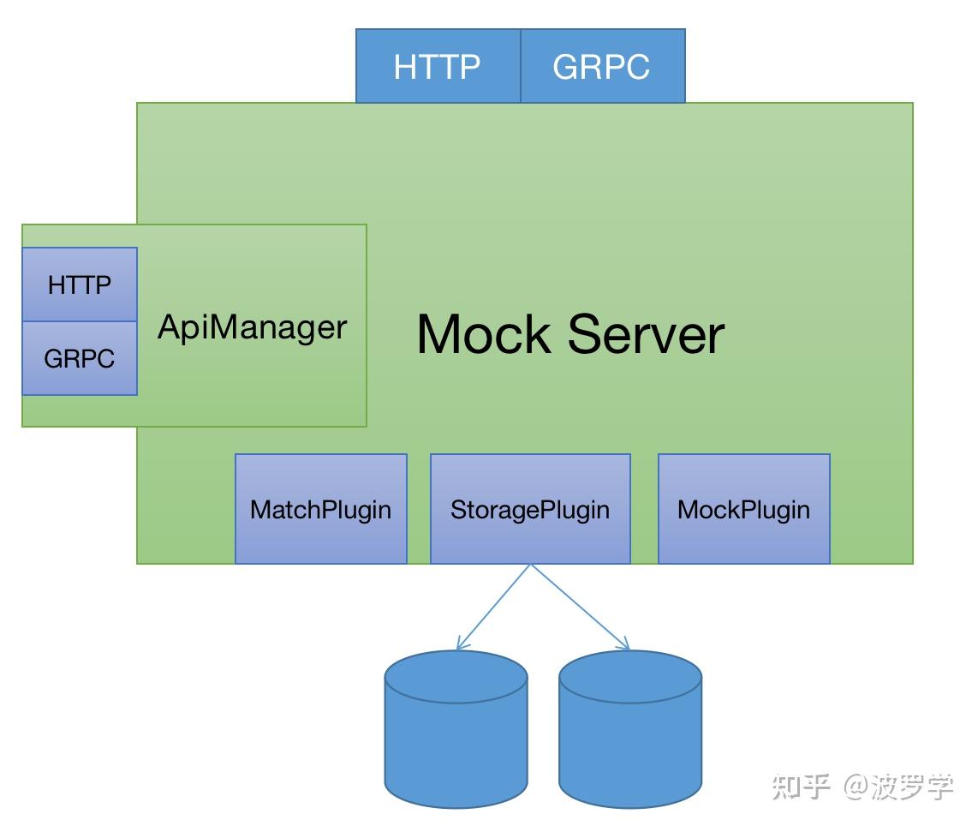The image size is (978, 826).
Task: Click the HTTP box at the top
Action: coord(438,66)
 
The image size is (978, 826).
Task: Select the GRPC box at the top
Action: coord(602,66)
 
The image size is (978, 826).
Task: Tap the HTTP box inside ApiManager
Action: coord(80,284)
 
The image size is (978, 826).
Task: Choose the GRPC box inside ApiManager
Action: coord(80,358)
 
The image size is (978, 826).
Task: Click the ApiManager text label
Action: coord(252,327)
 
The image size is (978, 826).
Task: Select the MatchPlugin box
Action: coord(321,509)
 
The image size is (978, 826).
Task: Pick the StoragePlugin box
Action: coord(530,509)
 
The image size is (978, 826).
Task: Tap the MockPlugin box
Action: coord(743,509)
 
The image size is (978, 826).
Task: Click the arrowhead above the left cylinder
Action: coord(461,645)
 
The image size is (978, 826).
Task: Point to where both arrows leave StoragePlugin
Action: coord(531,565)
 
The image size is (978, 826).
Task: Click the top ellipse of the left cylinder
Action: coord(456,673)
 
